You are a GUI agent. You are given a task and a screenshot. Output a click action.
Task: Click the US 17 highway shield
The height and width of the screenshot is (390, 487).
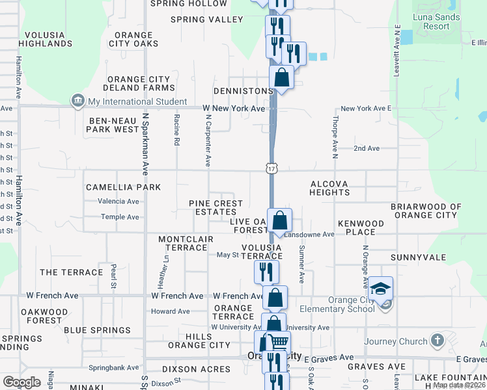271,168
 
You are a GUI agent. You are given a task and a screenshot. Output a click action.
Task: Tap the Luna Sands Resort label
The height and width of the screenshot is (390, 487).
436,22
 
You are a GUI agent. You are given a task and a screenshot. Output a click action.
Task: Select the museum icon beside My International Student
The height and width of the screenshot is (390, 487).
78,101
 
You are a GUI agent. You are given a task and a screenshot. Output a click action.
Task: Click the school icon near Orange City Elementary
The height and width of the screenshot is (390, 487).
382,288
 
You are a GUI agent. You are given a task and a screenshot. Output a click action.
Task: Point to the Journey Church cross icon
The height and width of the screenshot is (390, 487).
438,340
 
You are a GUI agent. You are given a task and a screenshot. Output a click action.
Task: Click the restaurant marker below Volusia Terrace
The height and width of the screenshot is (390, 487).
266,270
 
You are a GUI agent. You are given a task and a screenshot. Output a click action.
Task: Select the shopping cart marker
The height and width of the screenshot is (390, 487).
280,342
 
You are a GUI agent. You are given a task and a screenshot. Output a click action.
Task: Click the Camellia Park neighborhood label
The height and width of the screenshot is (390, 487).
124,187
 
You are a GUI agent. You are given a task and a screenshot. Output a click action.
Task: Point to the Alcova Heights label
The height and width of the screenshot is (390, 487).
329,188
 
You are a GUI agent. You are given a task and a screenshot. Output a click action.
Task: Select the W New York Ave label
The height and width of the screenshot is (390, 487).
234,108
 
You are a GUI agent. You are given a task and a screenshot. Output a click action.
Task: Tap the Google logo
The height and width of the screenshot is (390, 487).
21,382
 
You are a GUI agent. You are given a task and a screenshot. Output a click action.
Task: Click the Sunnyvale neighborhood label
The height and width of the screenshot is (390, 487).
418,257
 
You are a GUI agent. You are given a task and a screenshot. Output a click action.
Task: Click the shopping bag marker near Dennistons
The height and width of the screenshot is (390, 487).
281,77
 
